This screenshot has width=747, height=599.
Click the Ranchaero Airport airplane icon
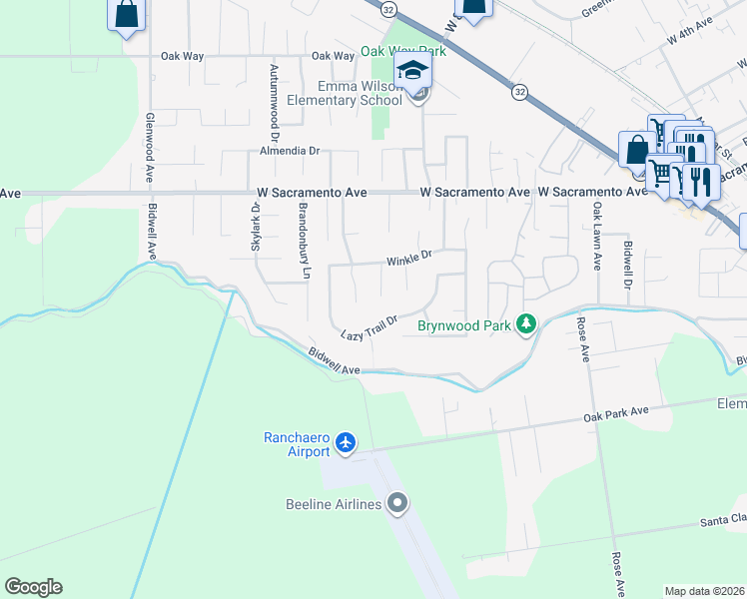tap(346, 441)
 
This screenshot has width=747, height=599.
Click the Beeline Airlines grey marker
tap(398, 503)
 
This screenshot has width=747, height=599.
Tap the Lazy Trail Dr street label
tap(370, 326)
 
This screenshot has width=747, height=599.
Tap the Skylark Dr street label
tap(256, 231)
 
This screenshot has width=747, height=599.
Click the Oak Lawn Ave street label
tap(597, 238)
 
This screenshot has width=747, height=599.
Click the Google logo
tap(34, 587)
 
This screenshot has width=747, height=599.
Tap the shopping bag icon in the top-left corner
tap(127, 15)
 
